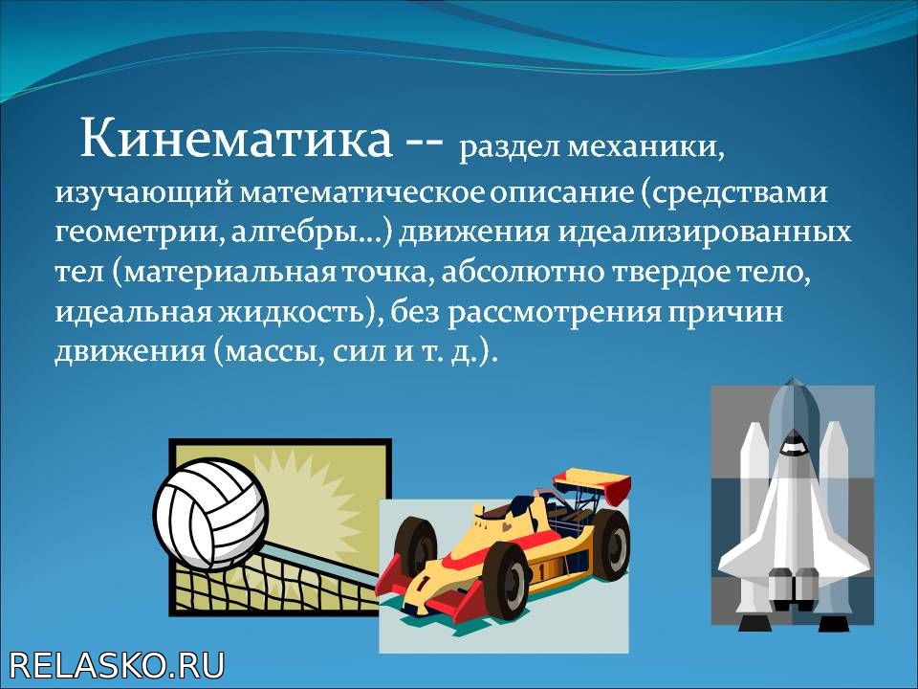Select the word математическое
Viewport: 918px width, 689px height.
coord(361,192)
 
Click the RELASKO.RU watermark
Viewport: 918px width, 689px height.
coord(117,666)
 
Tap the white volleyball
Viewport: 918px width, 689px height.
coord(210,515)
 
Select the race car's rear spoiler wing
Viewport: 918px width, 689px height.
coord(593,484)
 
